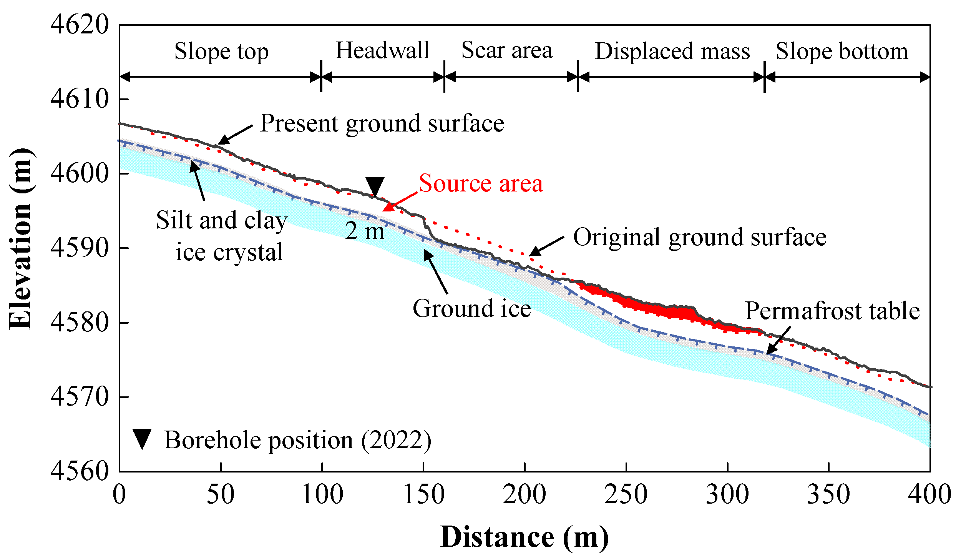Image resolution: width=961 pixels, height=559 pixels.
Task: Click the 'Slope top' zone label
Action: point(221,52)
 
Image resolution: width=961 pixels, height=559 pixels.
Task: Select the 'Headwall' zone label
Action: point(382,50)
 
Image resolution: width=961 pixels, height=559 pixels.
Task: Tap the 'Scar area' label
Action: point(507,50)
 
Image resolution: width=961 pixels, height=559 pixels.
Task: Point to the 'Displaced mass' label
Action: point(672,52)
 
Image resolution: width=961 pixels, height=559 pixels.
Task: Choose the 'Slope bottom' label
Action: point(842,52)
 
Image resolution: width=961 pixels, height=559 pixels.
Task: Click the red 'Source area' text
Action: point(481,183)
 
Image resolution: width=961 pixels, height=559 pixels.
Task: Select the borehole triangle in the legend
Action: point(142,439)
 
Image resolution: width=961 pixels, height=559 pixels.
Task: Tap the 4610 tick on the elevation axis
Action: point(80,99)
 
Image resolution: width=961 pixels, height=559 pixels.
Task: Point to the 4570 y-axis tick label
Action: point(80,397)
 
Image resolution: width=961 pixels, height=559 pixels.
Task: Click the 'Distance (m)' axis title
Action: point(524,537)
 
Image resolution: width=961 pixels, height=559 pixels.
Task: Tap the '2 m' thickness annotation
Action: point(365,231)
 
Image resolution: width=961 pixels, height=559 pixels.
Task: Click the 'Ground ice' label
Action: point(472,309)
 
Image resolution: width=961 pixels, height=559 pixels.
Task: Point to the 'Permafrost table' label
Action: point(832,311)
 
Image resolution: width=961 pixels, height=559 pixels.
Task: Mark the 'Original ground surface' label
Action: point(700,237)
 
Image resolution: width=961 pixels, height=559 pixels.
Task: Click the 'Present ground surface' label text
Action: point(382,124)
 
